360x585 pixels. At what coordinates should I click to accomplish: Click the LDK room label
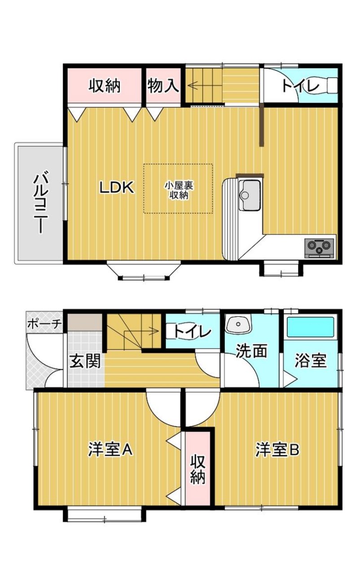tap(117, 187)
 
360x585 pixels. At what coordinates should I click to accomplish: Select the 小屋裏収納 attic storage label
tap(179, 190)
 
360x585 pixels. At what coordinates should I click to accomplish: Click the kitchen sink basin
tap(249, 195)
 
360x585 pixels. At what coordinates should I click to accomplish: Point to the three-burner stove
tap(319, 248)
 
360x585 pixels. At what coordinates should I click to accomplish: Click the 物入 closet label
tap(163, 86)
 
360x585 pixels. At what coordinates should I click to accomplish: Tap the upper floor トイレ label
tap(300, 86)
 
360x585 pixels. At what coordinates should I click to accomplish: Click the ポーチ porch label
tap(45, 325)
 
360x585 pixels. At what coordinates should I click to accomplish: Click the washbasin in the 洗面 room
tap(239, 323)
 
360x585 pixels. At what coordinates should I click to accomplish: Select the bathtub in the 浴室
tap(311, 327)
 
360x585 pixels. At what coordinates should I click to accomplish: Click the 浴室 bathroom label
tap(311, 360)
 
